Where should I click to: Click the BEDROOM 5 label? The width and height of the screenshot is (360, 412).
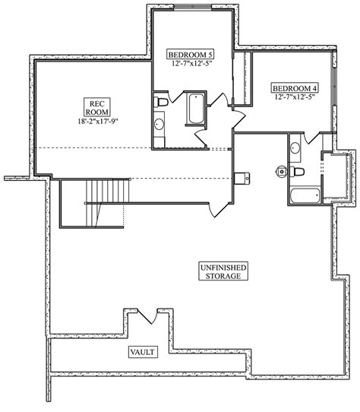coord(191,55)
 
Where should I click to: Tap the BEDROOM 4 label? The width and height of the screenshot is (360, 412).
coord(295,88)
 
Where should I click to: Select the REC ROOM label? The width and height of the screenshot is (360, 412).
coord(97,107)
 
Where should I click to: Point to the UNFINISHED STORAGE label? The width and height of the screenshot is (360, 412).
coord(223,271)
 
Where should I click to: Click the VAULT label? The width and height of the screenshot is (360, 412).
coord(143,352)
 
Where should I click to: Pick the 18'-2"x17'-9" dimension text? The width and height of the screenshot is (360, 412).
coord(97,122)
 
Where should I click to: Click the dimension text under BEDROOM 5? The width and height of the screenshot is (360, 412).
coord(191,64)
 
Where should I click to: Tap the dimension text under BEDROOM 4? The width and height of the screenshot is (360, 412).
coord(295,97)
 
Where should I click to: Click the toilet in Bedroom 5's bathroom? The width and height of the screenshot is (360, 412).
coord(161,101)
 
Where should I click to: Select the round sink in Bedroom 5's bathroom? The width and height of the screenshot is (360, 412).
coord(159,124)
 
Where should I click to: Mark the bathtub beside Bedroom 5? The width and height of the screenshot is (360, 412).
coord(196,108)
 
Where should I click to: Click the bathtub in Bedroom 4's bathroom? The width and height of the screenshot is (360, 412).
coord(305,195)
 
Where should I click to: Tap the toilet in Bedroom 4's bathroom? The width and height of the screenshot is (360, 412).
coord(296,172)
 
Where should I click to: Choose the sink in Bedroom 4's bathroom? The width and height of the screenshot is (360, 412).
coord(295,148)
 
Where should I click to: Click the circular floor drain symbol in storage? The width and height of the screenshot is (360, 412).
coord(282,172)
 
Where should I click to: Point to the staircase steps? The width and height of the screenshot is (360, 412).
coord(108,191)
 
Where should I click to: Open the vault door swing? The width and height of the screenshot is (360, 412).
coord(147,317)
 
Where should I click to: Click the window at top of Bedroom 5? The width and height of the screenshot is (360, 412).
coord(192,7)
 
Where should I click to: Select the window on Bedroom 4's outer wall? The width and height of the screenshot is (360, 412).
coord(334,86)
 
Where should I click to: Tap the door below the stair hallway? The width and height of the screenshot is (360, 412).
coord(219,210)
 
